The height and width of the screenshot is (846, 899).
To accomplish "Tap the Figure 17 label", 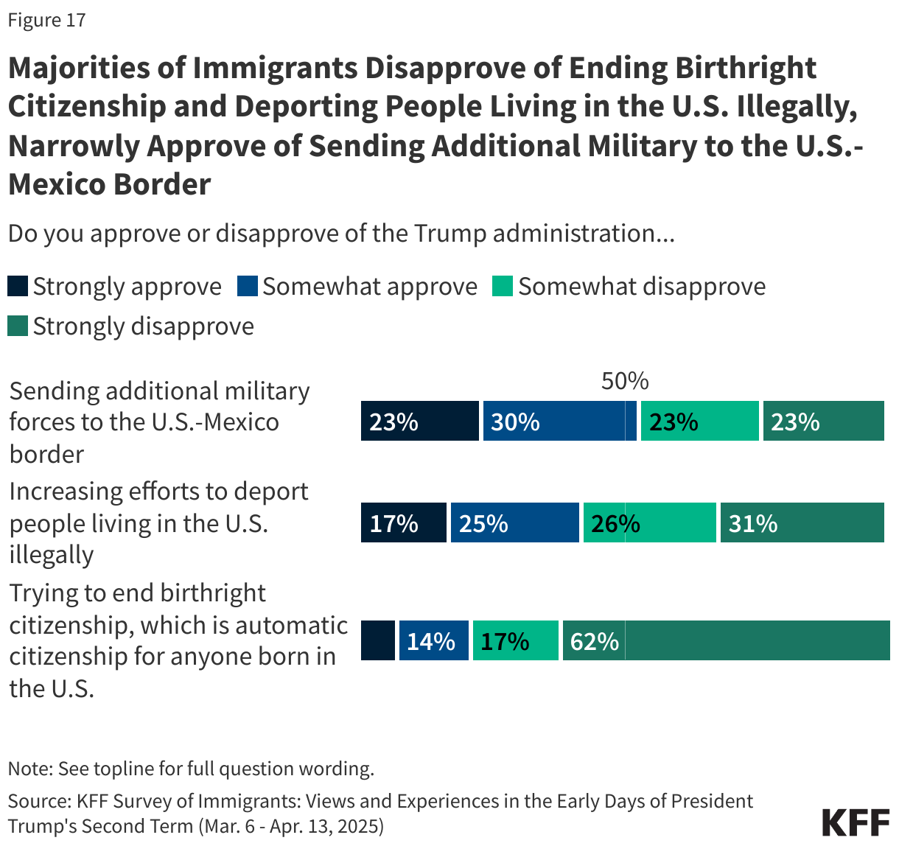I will pos(47,20).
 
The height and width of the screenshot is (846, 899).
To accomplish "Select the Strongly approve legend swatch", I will pos(18,286).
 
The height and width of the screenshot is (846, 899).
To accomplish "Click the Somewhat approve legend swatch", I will pos(247,286).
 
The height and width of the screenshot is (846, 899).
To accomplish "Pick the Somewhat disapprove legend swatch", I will pos(503,286).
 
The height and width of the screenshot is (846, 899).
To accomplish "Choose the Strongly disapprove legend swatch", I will pos(18,326).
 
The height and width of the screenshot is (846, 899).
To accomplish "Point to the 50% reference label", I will pos(625,381).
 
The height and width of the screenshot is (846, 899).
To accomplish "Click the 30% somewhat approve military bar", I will pos(559,421).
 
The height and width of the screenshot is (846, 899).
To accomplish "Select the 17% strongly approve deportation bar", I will pos(403,522).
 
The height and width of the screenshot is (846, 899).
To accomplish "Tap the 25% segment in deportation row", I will pos(514,522).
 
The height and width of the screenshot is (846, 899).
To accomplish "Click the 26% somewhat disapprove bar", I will pos(649,522).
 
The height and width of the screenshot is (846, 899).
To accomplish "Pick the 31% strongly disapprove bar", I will pos(802,522).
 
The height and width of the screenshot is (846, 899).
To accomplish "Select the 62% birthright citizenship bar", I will pos(726,640).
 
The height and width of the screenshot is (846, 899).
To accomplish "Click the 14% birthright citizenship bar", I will pos(433,640).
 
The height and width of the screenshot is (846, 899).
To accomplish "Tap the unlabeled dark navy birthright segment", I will pos(377,640).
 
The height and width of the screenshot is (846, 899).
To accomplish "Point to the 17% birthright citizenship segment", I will pos(515,640).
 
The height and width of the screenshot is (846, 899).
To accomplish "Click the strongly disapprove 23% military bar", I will pos(823,421).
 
